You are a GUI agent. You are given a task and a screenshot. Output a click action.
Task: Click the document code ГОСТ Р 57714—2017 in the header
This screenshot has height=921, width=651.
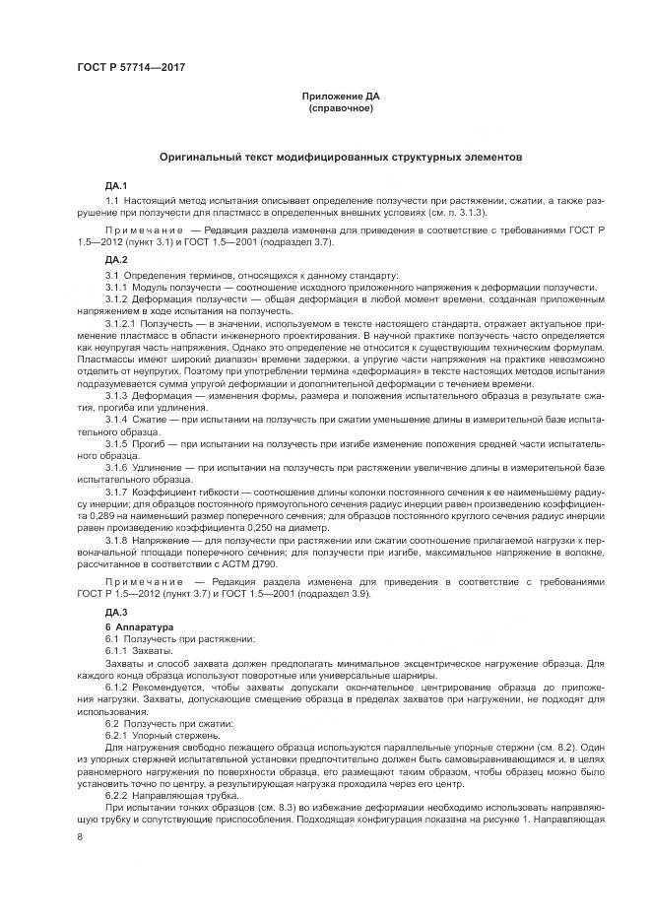point(130,67)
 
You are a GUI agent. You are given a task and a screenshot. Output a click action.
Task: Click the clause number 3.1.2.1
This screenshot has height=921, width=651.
point(122,323)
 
